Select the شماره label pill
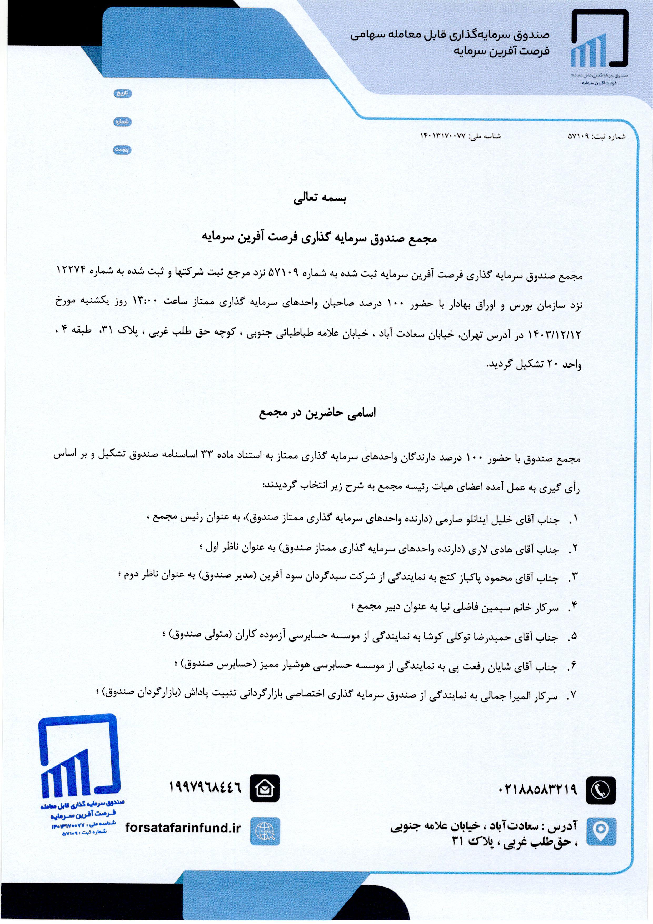tap(122, 121)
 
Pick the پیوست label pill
tap(122, 149)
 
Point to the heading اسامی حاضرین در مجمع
tap(318, 414)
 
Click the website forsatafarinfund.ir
tap(183, 828)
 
